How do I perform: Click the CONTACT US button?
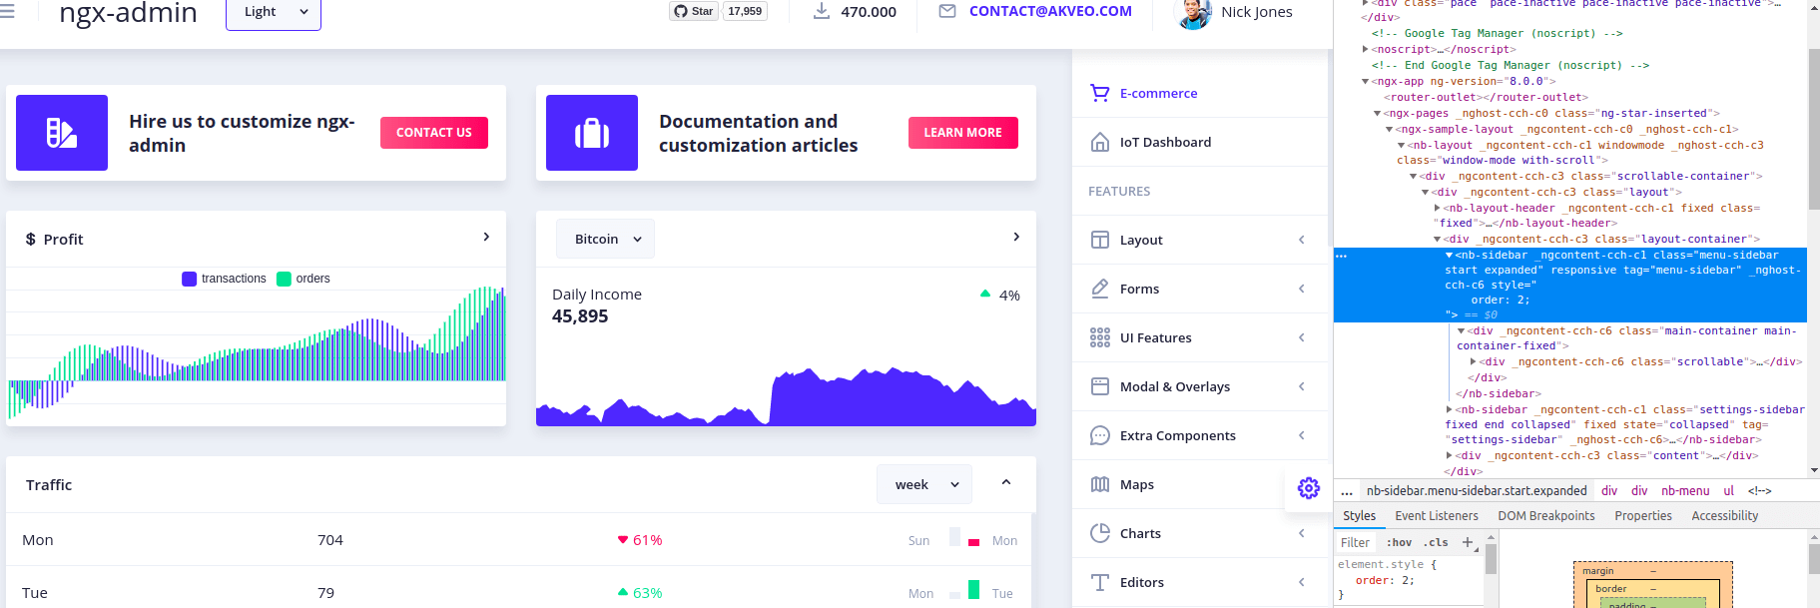[x=433, y=133]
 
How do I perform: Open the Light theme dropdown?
[x=273, y=12]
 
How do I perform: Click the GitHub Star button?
[x=694, y=11]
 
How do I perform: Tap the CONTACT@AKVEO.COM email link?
[x=1049, y=11]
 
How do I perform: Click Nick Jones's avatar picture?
[x=1194, y=13]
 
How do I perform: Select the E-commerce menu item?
[x=1158, y=93]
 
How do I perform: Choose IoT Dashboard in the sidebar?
[x=1165, y=142]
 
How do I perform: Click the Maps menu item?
[x=1136, y=484]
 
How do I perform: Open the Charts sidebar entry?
[x=1140, y=533]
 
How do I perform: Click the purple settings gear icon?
[x=1308, y=487]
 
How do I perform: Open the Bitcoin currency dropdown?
[x=605, y=239]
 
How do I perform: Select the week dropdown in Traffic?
[x=924, y=484]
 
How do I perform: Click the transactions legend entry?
[x=225, y=279]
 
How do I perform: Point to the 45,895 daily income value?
[x=580, y=316]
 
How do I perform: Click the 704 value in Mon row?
[x=330, y=540]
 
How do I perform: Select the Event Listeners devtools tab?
[x=1436, y=516]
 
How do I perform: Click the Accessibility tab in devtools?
[x=1724, y=516]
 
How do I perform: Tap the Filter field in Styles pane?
[x=1355, y=543]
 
